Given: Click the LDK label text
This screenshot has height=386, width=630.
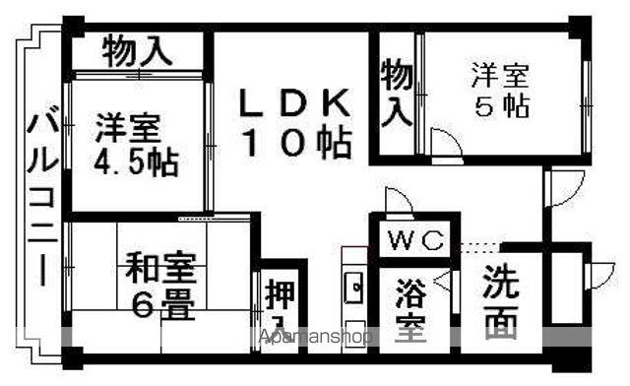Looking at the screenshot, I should [293, 102].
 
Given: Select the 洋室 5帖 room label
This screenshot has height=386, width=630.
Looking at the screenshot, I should [499, 90].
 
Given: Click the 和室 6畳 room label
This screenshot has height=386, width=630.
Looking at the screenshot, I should [159, 286].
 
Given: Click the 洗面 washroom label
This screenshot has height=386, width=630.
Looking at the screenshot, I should [501, 299].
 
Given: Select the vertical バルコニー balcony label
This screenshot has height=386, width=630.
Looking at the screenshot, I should [40, 197].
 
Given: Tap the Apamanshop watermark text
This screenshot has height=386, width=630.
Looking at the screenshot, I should [315, 337].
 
